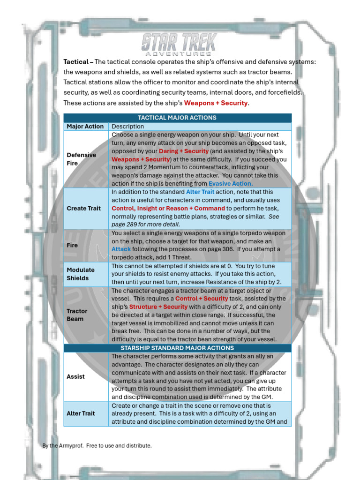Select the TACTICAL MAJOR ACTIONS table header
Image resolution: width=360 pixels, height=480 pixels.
coord(177,118)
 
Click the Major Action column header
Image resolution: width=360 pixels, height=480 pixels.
coord(85,127)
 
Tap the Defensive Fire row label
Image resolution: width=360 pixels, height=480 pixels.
coord(81,159)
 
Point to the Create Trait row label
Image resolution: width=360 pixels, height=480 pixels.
coord(83,208)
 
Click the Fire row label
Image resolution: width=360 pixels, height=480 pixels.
coord(72,245)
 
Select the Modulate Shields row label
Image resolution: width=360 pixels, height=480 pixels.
coord(81,274)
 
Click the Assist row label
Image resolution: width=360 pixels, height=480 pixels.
coord(75,376)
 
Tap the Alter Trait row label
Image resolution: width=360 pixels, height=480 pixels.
coord(81,413)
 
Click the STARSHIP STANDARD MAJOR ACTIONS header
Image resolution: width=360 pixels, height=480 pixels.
coord(177,348)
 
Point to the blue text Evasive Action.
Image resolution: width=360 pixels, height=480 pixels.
coord(231,183)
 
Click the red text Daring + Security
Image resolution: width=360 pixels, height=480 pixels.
coord(184,151)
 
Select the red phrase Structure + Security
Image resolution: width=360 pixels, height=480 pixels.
coord(158,307)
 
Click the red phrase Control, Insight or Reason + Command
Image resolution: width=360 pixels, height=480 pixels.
coord(168,208)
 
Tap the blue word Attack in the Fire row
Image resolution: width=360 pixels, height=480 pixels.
coord(121,249)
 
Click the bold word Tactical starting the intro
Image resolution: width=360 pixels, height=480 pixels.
coord(76,62)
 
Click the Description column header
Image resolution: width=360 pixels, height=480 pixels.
coord(128,127)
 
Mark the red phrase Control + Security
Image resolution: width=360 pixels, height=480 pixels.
coord(202,299)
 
